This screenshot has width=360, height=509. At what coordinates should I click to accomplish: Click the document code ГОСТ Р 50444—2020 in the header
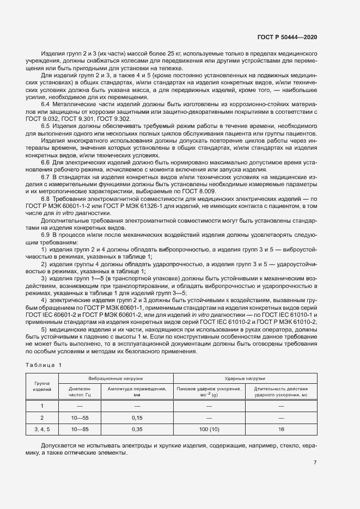286,36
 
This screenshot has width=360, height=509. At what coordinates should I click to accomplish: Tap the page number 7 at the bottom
315,463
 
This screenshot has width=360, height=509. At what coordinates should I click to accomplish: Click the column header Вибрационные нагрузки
115,378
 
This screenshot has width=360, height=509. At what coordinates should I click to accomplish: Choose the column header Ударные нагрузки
245,378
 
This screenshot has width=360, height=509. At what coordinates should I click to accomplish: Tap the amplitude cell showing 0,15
137,418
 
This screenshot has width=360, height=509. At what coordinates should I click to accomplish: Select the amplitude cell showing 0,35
137,430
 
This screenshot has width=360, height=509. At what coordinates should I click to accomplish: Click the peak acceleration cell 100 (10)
209,430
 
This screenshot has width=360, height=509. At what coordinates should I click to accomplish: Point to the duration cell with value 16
281,430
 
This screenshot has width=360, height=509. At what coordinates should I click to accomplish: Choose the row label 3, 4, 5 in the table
42,430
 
